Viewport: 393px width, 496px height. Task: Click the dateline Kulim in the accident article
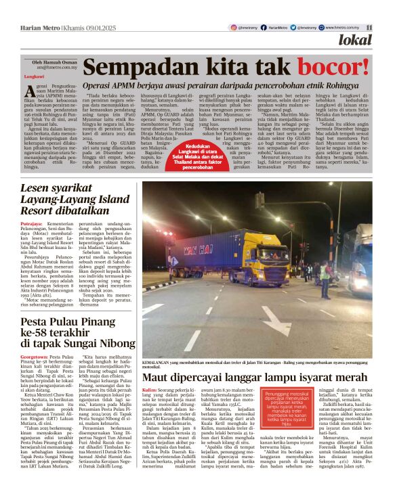point(149,390)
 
